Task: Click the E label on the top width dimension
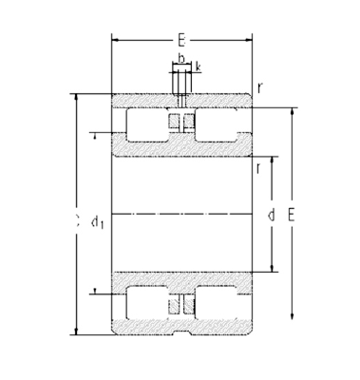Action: pos(180,42)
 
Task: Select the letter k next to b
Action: pos(197,67)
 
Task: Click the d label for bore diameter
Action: pos(272,216)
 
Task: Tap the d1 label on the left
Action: pos(97,222)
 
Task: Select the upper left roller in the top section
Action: pos(142,124)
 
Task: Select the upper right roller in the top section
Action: pos(221,124)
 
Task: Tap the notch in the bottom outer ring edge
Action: pos(181,332)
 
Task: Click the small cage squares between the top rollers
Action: pos(181,123)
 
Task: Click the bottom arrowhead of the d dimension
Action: pos(273,269)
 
